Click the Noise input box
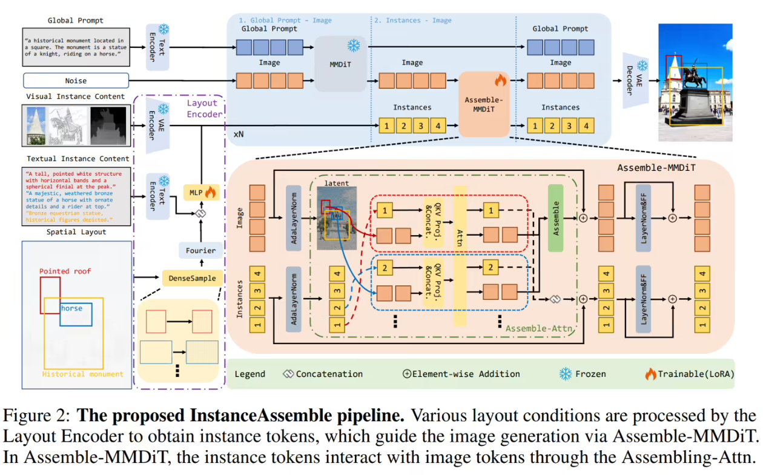tap(76, 81)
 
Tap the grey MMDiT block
tap(341, 64)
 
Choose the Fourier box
tap(200, 250)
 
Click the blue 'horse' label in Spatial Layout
tap(71, 308)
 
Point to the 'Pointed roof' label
tap(65, 271)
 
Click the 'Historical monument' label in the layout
tap(82, 374)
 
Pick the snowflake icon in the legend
tap(565, 374)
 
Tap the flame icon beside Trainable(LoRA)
tap(650, 374)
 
